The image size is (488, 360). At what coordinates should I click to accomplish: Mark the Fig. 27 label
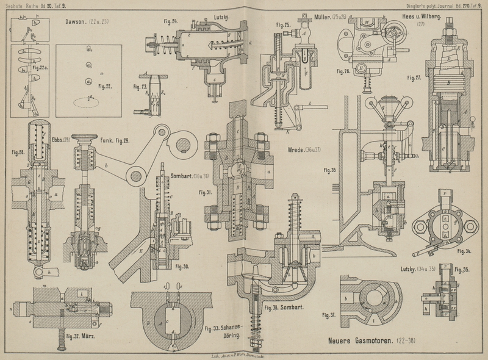click(x=415, y=78)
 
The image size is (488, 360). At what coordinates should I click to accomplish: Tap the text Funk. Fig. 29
click(x=116, y=141)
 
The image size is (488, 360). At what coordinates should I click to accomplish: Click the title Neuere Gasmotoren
click(x=359, y=339)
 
